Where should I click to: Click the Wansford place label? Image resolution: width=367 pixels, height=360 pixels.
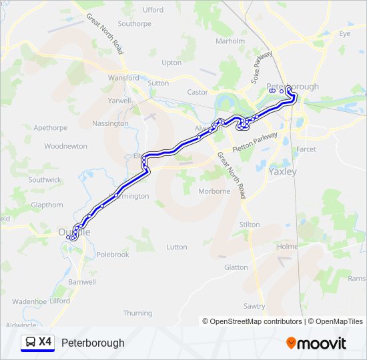[123, 78]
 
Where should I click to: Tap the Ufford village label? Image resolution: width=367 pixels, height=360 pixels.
[153, 10]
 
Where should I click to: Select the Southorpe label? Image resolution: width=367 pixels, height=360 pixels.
[135, 23]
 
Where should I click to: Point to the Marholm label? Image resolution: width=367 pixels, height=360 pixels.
[231, 41]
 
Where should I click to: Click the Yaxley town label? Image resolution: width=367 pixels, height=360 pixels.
[282, 171]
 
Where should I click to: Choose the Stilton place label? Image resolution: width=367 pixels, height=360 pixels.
[249, 225]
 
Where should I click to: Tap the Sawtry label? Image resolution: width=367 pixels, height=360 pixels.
[254, 306]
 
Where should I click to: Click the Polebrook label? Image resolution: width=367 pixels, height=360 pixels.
[113, 255]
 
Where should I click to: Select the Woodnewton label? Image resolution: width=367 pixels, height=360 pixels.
[65, 146]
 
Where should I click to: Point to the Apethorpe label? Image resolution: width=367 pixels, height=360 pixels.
[51, 127]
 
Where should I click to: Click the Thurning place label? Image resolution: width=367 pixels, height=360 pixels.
[137, 313]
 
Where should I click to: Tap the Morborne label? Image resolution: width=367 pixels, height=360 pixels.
[214, 191]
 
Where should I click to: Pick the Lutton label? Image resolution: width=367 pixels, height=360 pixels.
[177, 247]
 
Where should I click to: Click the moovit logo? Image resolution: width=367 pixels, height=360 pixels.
[316, 343]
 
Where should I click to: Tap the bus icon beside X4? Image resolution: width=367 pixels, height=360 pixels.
[30, 342]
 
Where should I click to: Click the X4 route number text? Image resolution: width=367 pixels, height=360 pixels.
[45, 342]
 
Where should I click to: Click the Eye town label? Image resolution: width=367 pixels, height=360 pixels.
[344, 33]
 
